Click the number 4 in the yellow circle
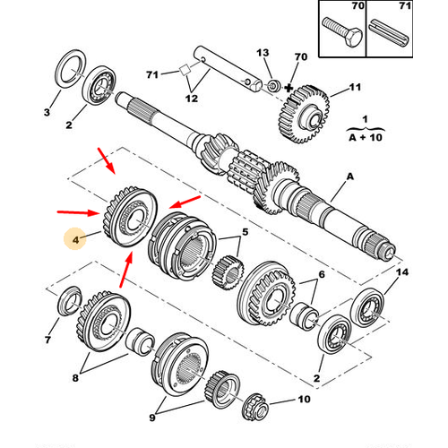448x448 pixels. coord(76,240)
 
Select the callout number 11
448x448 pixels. coord(354,88)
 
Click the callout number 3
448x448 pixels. coord(47,112)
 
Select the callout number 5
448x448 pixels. coord(243,234)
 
